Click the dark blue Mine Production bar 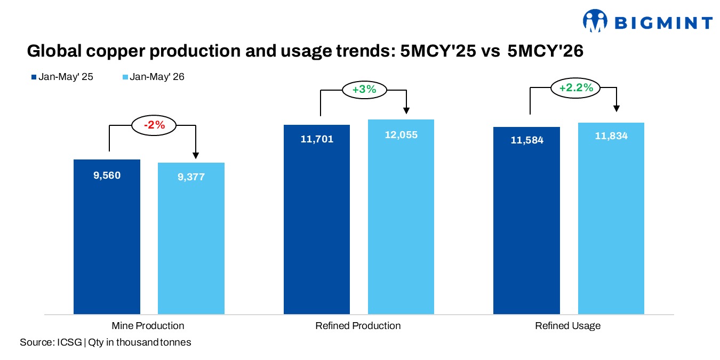click(107, 237)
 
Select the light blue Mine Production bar click(191, 238)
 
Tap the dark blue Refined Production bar click(317, 219)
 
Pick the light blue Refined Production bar click(401, 217)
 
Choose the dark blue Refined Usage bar click(526, 220)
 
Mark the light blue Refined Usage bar click(611, 218)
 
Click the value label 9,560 click(107, 175)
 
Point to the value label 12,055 click(401, 135)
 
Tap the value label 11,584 click(527, 140)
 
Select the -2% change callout click(154, 125)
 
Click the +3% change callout click(364, 90)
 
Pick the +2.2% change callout click(575, 87)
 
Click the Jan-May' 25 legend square click(34, 77)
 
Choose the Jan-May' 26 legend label click(157, 77)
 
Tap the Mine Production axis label click(148, 326)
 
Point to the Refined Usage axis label click(567, 326)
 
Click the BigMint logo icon click(595, 21)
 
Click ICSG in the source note click(69, 342)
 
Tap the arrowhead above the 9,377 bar click(195, 156)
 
